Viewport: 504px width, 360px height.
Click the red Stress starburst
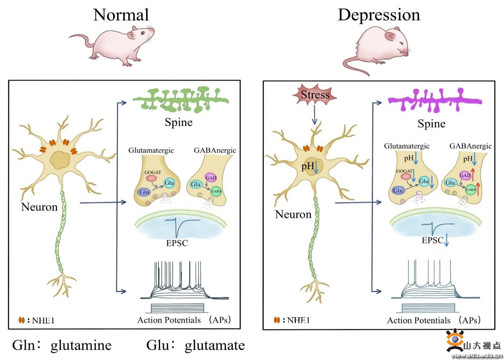[x=315, y=95]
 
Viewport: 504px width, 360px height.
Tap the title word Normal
[x=121, y=15]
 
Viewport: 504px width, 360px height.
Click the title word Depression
[x=378, y=15]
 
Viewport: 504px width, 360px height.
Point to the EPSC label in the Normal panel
[x=177, y=242]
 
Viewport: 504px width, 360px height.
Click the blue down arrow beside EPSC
[x=447, y=240]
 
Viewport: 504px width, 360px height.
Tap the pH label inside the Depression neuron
[x=307, y=166]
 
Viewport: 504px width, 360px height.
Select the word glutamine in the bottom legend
[x=81, y=345]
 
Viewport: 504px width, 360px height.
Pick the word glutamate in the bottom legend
[x=215, y=345]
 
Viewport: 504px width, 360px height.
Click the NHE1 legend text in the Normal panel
[x=42, y=320]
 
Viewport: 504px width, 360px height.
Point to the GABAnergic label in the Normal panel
[x=216, y=150]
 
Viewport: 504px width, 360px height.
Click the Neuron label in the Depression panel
[x=293, y=215]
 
